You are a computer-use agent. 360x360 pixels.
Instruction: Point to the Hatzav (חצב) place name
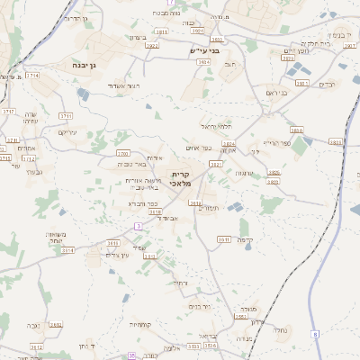(x=229, y=65)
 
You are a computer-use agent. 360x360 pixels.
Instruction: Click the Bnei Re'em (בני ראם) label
(x=274, y=93)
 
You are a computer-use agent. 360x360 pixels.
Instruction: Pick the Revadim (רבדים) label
(x=327, y=85)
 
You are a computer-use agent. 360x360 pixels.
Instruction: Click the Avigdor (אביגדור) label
(x=170, y=217)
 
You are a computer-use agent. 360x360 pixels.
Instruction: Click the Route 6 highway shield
(x=315, y=334)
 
